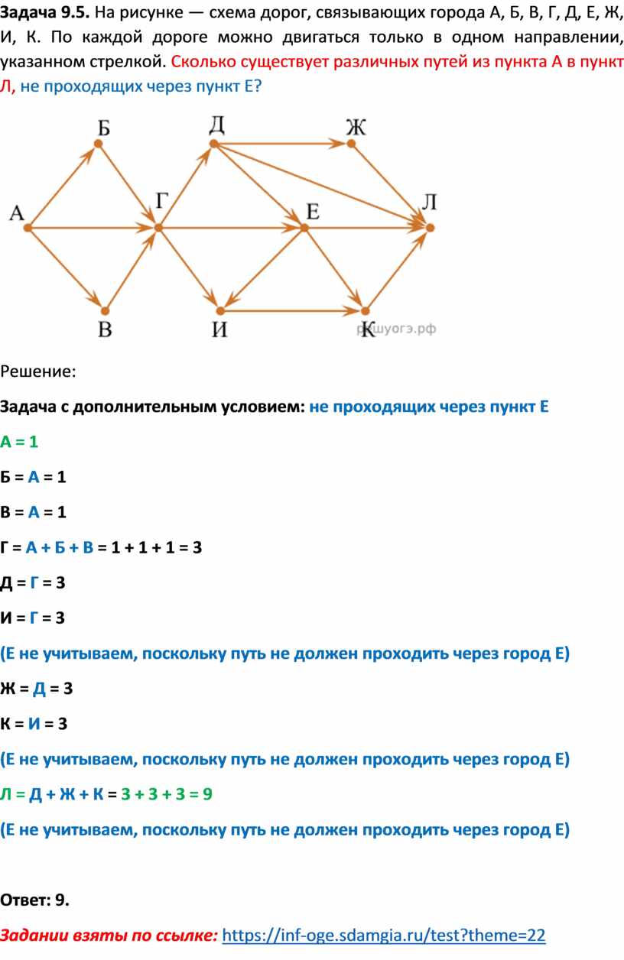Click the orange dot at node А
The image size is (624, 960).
(27, 227)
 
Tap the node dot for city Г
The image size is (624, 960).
(158, 227)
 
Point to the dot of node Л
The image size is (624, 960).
(430, 227)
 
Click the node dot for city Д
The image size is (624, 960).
(215, 143)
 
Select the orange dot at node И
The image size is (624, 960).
(219, 311)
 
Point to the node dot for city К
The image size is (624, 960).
(365, 311)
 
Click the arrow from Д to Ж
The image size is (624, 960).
(283, 143)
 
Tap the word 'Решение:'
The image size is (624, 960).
(38, 371)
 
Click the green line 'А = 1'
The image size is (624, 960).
(19, 442)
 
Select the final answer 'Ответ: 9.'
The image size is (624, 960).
(35, 900)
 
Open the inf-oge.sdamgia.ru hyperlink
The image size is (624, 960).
(388, 935)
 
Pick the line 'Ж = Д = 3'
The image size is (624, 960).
(37, 688)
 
